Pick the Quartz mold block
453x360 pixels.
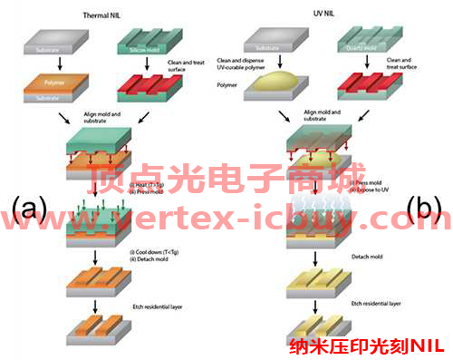point(364,43)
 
